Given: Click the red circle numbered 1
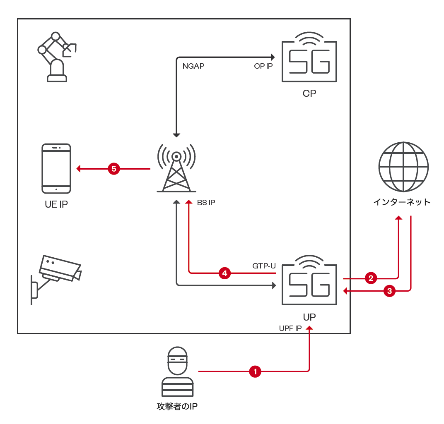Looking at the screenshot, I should click(x=255, y=371).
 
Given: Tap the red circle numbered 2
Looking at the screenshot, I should click(x=371, y=278).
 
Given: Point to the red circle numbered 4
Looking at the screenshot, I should click(x=224, y=273).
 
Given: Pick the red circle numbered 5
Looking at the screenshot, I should click(x=114, y=168).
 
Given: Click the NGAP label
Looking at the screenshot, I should click(x=193, y=66).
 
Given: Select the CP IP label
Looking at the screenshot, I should click(x=263, y=66).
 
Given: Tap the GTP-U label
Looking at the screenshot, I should click(x=264, y=266).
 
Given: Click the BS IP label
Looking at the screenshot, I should click(x=206, y=203).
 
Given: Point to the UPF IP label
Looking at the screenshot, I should click(x=290, y=328).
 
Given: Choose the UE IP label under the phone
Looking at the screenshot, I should click(x=56, y=204).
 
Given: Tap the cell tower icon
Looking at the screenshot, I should click(x=176, y=168).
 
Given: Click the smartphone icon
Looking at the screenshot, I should click(x=56, y=168).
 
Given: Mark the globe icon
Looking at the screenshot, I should click(x=403, y=167).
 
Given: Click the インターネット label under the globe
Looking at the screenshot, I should click(x=402, y=202).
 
